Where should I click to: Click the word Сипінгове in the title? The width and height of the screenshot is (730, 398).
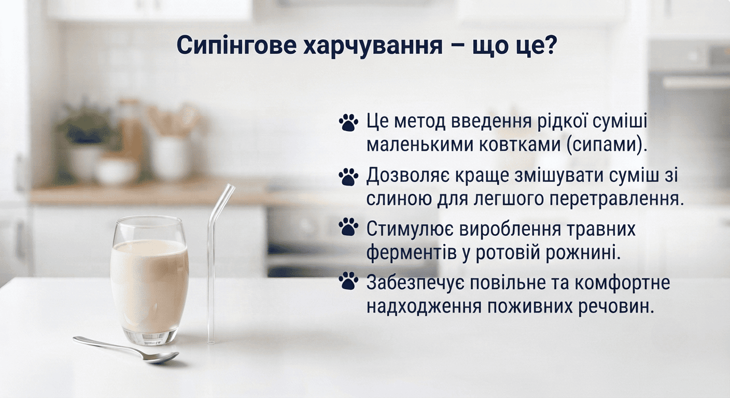[x=236, y=45]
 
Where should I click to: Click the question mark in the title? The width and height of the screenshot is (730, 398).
[x=550, y=45]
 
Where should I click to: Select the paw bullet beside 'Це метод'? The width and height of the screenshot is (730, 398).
[x=348, y=122]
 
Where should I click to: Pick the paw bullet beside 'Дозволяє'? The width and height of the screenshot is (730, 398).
[x=348, y=177]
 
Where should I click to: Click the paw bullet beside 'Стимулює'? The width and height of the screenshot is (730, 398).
[x=348, y=226]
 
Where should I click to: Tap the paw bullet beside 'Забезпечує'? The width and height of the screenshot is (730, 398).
[x=348, y=281]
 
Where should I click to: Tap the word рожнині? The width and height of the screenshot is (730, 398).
[x=583, y=253]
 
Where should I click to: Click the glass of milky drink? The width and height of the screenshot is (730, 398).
[x=150, y=280]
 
